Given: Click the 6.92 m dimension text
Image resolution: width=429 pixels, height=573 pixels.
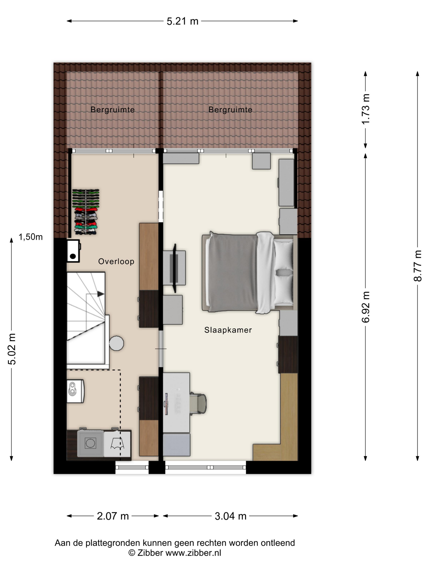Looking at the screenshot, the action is [x=366, y=307].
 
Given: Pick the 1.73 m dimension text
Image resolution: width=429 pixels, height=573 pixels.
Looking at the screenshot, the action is [x=366, y=109].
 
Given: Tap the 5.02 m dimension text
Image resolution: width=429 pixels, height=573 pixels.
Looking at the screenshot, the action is [x=12, y=349].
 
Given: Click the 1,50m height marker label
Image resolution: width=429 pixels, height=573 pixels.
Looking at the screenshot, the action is [x=30, y=237].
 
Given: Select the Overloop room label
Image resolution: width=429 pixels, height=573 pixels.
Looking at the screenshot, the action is [x=116, y=261].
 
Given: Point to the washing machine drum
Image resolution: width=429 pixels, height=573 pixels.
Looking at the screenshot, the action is [x=90, y=443].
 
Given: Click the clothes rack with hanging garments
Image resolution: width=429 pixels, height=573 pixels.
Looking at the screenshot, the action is [x=86, y=212].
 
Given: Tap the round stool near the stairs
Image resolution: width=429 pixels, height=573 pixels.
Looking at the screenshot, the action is [x=116, y=343].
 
